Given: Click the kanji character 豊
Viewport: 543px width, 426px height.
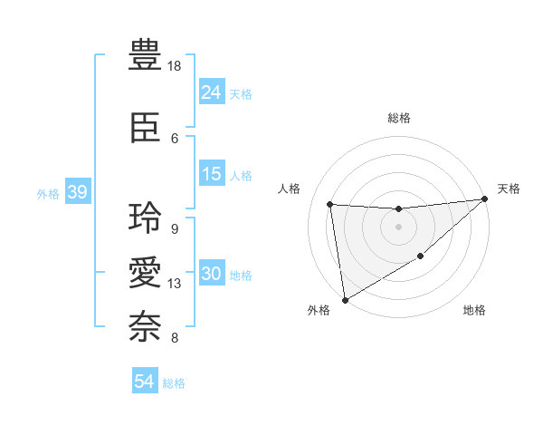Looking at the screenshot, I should click(x=146, y=56).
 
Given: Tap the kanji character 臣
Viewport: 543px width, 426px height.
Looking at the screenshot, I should click(x=146, y=130).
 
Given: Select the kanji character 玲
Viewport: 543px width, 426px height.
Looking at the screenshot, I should click(x=146, y=218).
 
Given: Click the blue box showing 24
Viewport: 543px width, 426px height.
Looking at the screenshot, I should click(x=211, y=92).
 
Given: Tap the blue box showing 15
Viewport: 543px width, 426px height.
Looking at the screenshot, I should click(x=211, y=175).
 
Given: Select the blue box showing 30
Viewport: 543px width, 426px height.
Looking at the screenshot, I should click(x=211, y=275).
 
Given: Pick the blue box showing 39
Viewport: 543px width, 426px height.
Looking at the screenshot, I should click(x=77, y=192).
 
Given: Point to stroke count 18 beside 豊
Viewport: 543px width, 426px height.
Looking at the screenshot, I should click(x=175, y=67).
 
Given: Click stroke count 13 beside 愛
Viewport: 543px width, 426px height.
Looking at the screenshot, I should click(x=175, y=284).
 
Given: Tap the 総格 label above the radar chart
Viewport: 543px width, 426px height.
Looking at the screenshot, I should click(x=398, y=118).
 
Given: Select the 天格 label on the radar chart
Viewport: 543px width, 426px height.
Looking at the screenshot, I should click(x=509, y=189).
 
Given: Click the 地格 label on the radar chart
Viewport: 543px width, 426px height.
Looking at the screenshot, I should click(x=474, y=311).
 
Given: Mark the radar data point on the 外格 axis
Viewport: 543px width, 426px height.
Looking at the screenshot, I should click(x=344, y=299).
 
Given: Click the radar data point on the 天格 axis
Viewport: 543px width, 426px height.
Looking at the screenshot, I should click(x=485, y=199).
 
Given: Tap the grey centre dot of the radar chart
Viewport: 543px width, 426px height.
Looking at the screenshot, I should click(x=398, y=227).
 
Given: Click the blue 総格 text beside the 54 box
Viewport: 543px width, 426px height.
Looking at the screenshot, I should click(x=174, y=383).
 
